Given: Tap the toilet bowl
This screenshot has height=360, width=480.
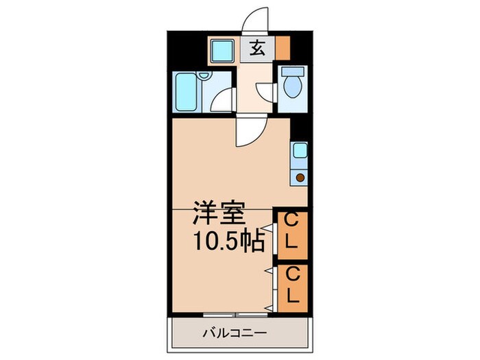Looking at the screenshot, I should pos(292,87).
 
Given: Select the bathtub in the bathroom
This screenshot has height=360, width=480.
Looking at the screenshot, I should pos(186,92).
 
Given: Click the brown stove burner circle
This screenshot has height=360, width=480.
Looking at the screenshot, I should pos(300,178).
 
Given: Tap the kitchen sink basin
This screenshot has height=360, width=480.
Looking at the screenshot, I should pos(300,151).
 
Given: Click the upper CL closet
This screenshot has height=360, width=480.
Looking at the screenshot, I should pos(292,233).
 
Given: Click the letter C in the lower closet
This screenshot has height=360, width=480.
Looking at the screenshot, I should pos(292,274).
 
